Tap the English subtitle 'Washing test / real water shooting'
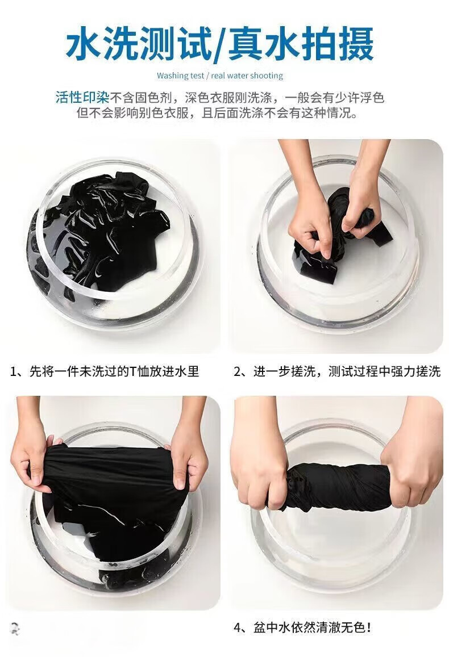point(220,76)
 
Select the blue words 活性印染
point(82,98)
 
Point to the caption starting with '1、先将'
point(105,371)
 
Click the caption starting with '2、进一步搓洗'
point(337,371)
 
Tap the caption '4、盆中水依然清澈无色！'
point(302,627)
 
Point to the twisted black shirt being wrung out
point(335,486)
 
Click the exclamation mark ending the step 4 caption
point(368,627)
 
